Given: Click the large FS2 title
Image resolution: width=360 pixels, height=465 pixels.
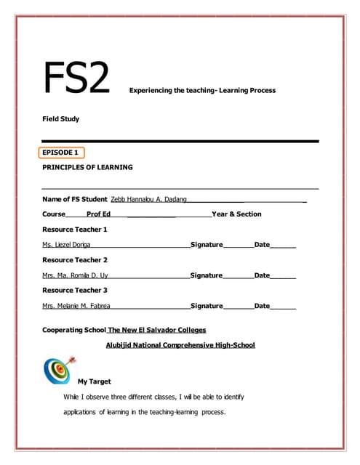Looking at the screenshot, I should tap(76, 78).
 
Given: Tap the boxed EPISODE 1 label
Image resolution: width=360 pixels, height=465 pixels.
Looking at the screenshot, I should tap(61, 153).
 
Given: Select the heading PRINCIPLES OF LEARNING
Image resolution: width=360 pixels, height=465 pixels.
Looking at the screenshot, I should tap(87, 167).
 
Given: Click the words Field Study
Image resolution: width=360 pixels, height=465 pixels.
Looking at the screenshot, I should tap(60, 118).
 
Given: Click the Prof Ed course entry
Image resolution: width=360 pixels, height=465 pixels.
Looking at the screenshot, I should tap(98, 214).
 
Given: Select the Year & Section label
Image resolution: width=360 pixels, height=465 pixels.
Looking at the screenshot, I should tap(236, 214).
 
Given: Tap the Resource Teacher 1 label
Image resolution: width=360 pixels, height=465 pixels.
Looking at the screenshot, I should tap(75, 230).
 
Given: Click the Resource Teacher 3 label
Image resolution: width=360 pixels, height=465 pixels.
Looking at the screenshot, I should tap(75, 291).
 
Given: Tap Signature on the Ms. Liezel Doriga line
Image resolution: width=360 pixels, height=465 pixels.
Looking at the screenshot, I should tap(207, 245).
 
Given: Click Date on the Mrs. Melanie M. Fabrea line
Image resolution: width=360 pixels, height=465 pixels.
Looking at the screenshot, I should tap(262, 306).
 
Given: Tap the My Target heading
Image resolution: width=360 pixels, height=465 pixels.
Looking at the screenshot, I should tap(94, 381).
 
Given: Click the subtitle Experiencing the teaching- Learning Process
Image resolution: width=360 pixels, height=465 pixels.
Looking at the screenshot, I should tap(202, 91).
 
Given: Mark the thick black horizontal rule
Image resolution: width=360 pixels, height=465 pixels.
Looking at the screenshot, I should tap(180, 140).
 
